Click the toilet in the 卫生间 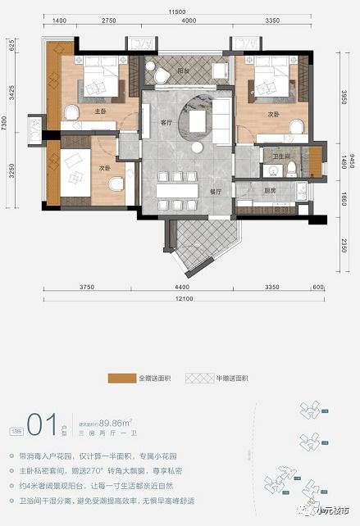click(x=291, y=168)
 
